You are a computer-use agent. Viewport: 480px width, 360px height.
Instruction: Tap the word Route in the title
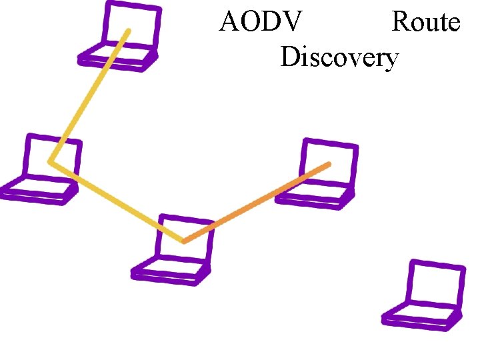click(x=425, y=23)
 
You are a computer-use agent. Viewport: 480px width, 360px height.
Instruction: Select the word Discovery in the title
click(x=339, y=58)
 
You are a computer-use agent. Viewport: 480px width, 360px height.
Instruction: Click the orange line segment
click(x=257, y=202)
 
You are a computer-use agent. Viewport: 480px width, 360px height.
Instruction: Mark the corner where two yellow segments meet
click(x=51, y=161)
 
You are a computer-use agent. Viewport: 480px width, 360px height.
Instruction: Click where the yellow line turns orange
click(x=184, y=241)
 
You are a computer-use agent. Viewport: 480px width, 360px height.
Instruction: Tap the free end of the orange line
click(x=328, y=163)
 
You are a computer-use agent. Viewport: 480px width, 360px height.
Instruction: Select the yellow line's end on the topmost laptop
click(x=128, y=31)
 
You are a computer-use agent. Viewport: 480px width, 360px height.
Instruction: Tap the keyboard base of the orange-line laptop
click(x=313, y=196)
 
